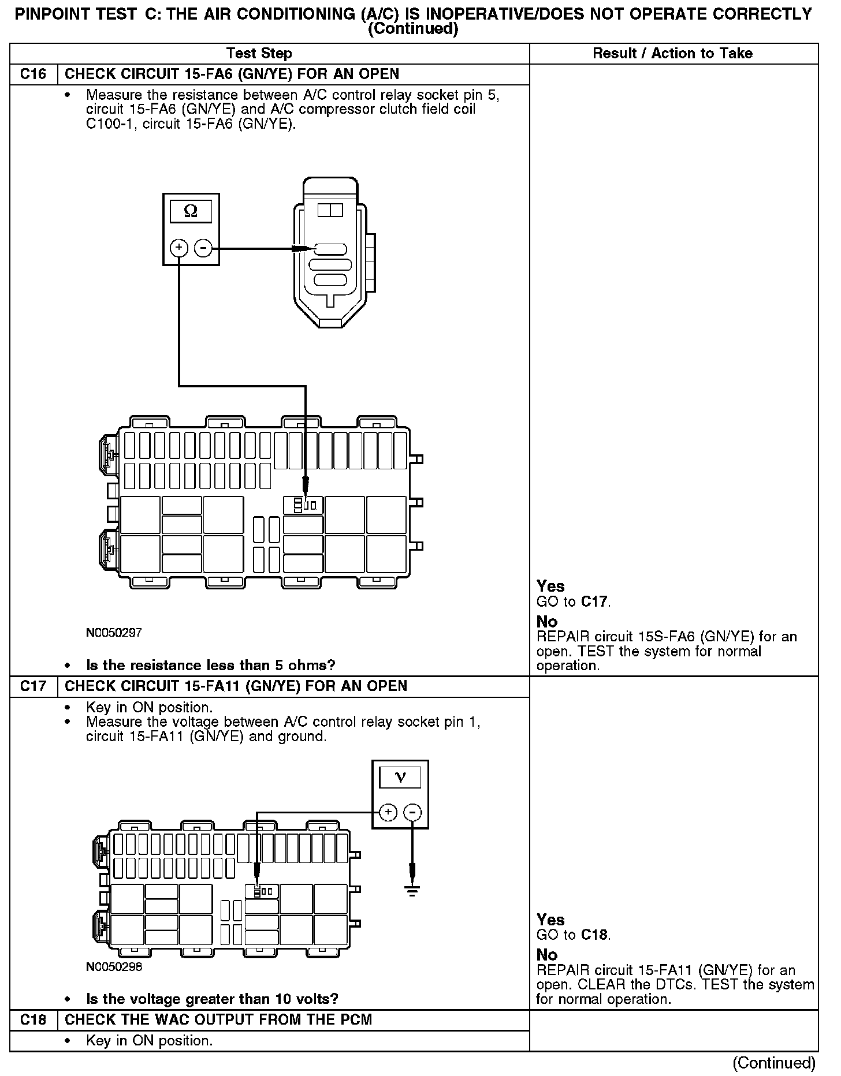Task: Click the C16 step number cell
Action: [x=34, y=74]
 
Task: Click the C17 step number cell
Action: [x=34, y=686]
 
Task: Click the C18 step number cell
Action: [x=34, y=1020]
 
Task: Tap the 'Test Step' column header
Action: [x=259, y=54]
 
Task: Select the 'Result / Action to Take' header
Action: [x=672, y=54]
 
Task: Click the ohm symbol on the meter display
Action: [x=191, y=212]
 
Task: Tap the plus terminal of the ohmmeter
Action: [x=179, y=248]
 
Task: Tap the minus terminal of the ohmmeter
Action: [x=203, y=248]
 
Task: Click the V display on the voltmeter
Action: [x=400, y=778]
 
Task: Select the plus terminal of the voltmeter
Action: [x=388, y=813]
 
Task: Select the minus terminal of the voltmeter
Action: [x=412, y=813]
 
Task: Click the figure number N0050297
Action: [x=114, y=633]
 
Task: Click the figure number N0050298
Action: [x=114, y=966]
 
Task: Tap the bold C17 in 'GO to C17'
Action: [x=595, y=602]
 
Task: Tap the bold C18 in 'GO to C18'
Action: [x=595, y=935]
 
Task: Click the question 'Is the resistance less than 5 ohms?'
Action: [x=210, y=666]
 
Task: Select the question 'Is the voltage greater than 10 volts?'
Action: [x=212, y=999]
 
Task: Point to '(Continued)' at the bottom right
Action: [x=774, y=1063]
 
